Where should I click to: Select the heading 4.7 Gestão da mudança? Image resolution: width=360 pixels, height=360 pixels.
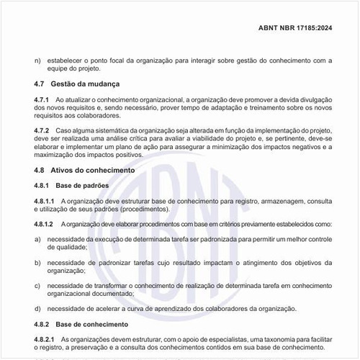[x=77, y=84]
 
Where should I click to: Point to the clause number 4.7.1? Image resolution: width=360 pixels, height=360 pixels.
[x=42, y=98]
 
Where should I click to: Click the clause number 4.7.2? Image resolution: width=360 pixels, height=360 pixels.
[x=42, y=130]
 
